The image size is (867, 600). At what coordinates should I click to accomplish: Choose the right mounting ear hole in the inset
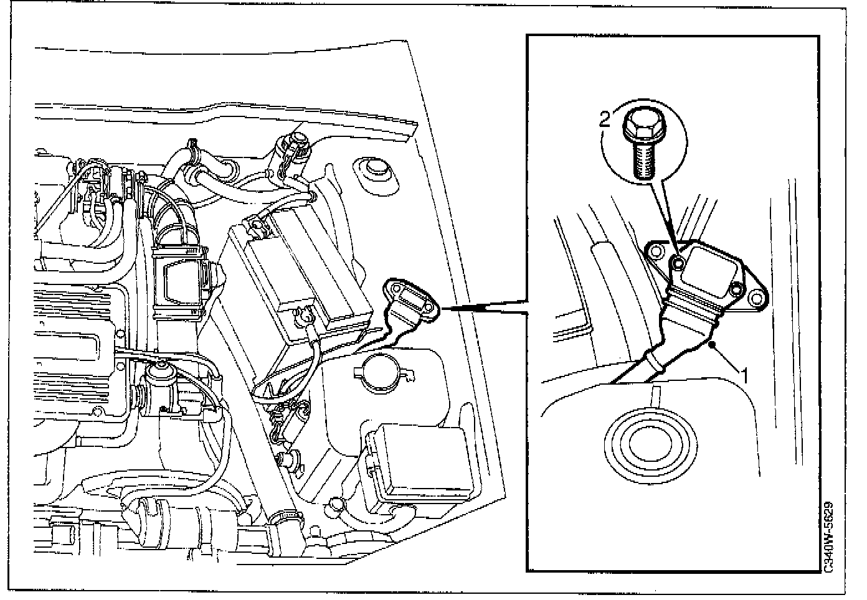pos(758,298)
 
